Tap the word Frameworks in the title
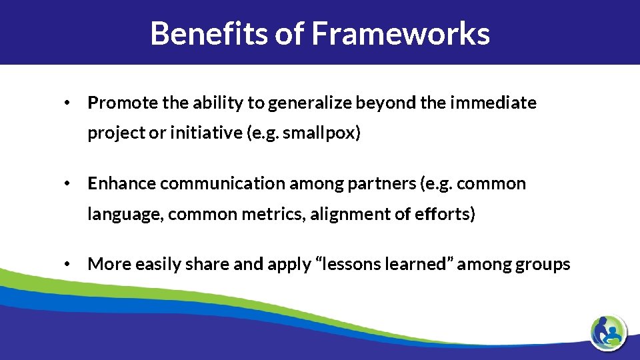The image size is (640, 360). click(x=401, y=33)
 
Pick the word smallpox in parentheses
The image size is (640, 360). click(x=321, y=133)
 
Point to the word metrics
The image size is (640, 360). click(x=277, y=214)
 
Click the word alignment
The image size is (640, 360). click(x=345, y=215)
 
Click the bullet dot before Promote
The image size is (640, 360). click(x=67, y=103)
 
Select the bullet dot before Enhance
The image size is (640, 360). click(x=67, y=184)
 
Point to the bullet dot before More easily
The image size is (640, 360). click(x=67, y=265)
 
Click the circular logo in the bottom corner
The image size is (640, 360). click(x=608, y=331)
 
